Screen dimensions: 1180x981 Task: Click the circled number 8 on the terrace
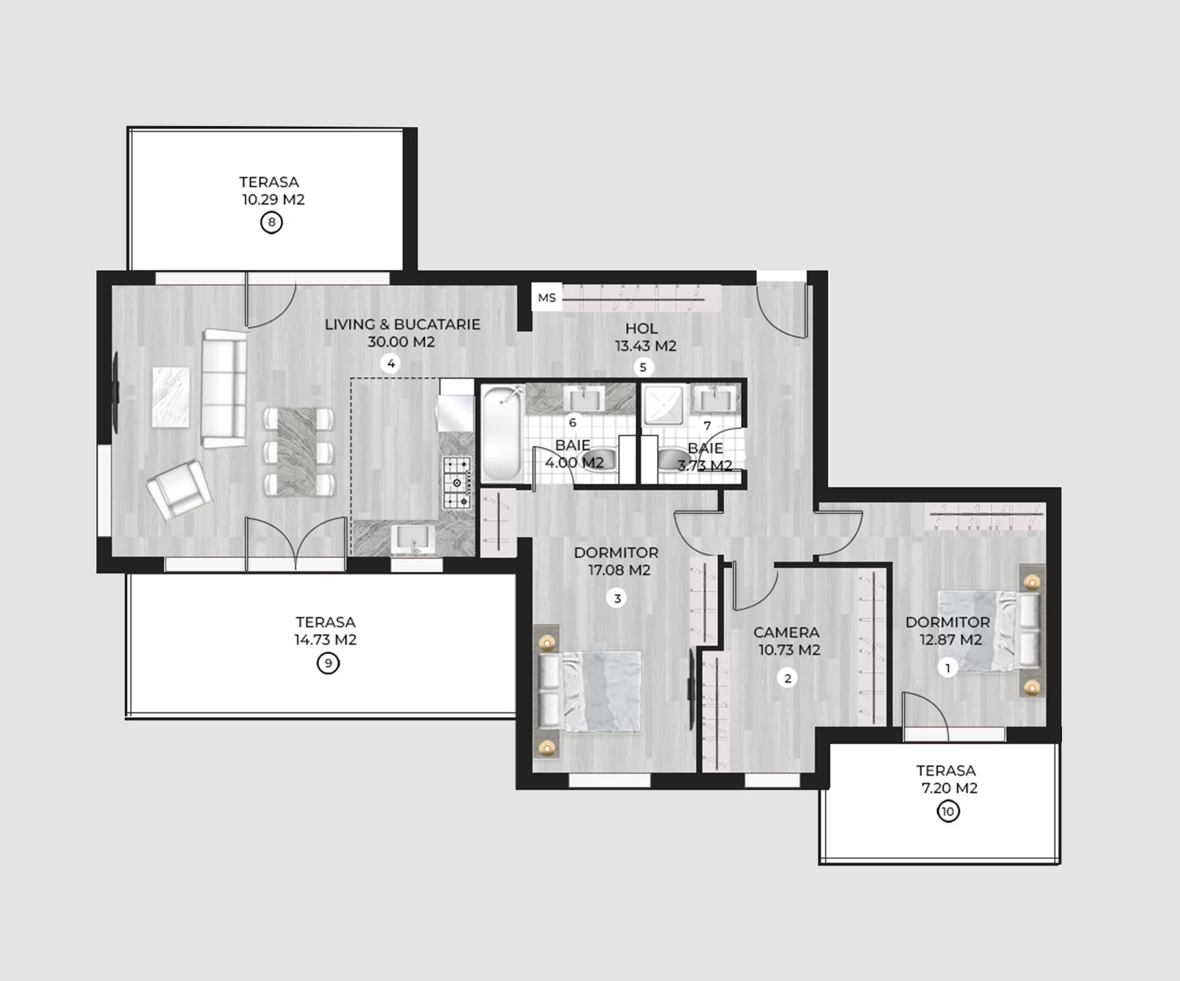click(272, 222)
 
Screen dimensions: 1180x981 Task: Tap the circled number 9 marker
click(328, 663)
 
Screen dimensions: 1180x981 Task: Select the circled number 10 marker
click(948, 811)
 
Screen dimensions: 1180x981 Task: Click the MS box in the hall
click(546, 298)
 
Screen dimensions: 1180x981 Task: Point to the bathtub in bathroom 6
click(502, 433)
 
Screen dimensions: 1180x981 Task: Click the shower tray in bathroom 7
click(663, 405)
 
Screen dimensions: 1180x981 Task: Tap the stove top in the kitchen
click(457, 483)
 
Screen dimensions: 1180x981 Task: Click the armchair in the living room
click(179, 489)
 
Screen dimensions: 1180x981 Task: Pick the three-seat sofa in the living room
click(225, 388)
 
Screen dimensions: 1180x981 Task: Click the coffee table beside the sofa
click(171, 397)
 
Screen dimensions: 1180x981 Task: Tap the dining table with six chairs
click(298, 452)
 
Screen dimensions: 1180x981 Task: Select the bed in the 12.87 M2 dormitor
click(989, 631)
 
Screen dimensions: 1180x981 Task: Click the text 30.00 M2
click(401, 342)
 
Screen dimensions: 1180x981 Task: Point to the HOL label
click(642, 328)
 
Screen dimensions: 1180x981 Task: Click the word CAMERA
click(786, 632)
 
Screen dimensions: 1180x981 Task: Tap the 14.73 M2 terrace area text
click(325, 640)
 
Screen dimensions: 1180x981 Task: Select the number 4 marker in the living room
click(391, 364)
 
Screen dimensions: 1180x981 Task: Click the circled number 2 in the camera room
click(787, 679)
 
